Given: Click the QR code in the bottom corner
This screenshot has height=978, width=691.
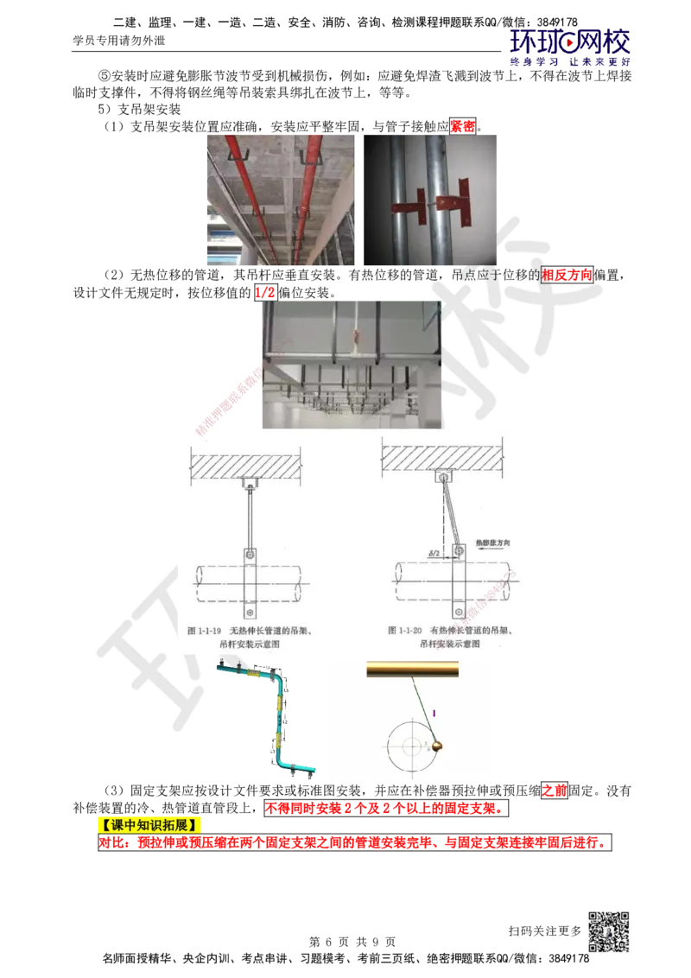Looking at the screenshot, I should tap(607, 932).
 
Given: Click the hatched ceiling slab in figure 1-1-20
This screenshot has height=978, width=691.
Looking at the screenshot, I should tap(444, 458).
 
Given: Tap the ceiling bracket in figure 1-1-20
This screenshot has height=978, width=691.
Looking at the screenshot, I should tap(444, 476).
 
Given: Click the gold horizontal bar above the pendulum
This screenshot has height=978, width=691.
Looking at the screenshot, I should tap(413, 668).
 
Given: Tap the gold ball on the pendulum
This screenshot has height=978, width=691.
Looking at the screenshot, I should tap(438, 745).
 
